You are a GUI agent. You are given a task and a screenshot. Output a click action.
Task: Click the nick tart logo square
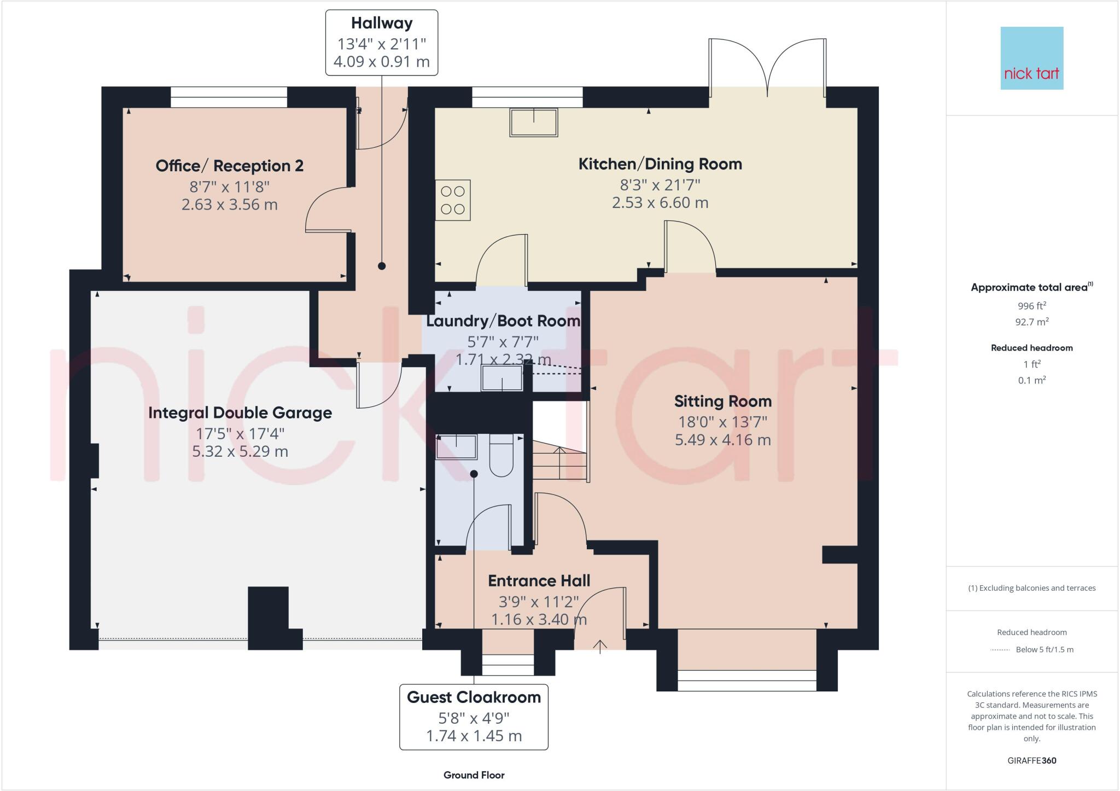(x=1031, y=58)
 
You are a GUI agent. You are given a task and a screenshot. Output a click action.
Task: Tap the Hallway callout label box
(x=382, y=42)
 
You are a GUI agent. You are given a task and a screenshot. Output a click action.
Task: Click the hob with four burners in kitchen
(x=453, y=200)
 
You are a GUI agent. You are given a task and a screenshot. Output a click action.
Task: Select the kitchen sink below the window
(x=534, y=122)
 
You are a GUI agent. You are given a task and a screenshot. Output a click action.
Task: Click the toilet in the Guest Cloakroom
(x=500, y=455)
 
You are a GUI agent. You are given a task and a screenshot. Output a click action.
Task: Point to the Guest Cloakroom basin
(x=456, y=446)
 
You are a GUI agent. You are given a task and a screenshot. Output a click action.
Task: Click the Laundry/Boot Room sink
(x=501, y=378)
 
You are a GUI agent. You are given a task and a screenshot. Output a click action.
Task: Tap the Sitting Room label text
(x=722, y=402)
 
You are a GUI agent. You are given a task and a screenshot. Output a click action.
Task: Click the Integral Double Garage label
(x=240, y=413)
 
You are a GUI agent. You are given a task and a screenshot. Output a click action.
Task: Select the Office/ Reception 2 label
(x=229, y=166)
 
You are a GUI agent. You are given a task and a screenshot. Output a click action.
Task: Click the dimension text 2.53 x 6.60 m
(x=660, y=203)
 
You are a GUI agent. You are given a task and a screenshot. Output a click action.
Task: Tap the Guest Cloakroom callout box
(x=474, y=716)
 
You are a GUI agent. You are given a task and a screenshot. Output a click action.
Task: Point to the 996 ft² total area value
(x=1031, y=306)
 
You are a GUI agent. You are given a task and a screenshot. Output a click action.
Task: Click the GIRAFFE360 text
(x=1031, y=760)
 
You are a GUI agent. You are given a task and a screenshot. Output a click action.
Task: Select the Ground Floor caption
(x=474, y=775)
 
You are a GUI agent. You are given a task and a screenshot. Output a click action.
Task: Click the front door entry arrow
(x=600, y=646)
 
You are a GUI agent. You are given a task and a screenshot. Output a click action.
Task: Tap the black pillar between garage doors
(x=269, y=616)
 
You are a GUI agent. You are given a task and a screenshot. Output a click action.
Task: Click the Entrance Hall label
(x=539, y=581)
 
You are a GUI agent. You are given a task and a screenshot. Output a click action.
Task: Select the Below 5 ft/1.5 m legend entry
(x=1044, y=650)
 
